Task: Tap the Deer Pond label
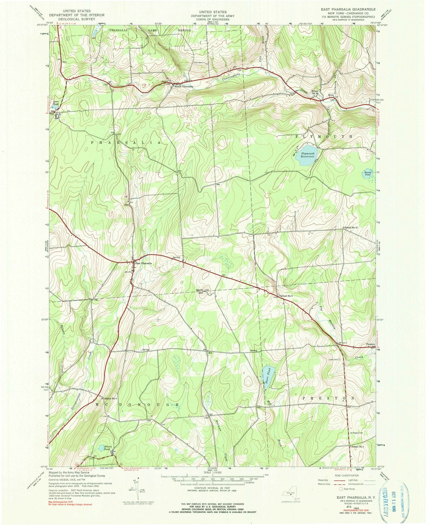[x=55, y=102]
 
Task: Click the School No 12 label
[x=351, y=227]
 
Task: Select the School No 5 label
[x=286, y=296]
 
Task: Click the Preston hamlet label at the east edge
[x=370, y=344]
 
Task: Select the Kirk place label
[x=331, y=95]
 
